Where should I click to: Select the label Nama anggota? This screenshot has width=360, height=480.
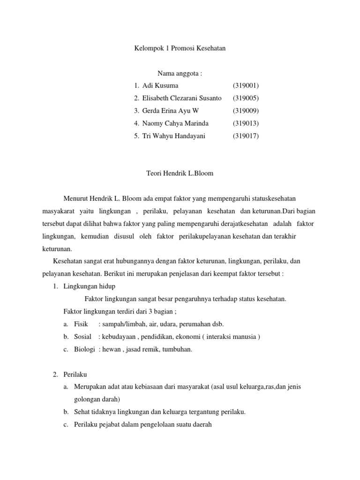click(180, 73)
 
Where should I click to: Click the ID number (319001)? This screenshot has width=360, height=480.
click(246, 86)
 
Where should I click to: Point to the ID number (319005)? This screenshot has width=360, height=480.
click(246, 98)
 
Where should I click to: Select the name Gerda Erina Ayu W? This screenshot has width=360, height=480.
click(166, 111)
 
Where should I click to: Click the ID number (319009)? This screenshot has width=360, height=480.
click(246, 111)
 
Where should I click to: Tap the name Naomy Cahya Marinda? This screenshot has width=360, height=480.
click(175, 123)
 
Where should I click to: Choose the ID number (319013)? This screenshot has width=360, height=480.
click(246, 123)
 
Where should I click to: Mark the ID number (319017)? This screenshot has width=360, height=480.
click(246, 136)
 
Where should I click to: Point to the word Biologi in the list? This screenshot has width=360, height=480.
click(84, 349)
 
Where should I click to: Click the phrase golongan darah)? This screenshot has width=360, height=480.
click(97, 399)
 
